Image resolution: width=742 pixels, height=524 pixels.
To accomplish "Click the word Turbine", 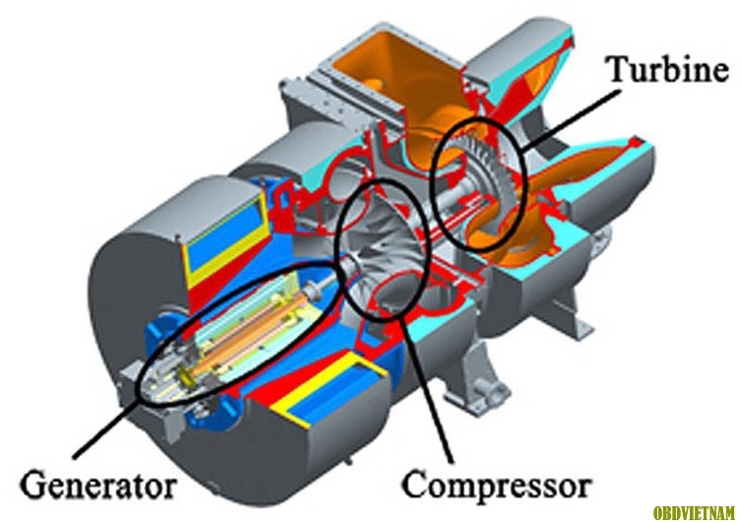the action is pos(668,70).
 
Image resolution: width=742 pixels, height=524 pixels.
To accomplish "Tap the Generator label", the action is pos(99,485).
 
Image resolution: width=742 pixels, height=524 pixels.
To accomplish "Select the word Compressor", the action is pos(497,485).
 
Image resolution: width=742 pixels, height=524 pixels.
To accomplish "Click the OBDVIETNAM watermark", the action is pos(694,512).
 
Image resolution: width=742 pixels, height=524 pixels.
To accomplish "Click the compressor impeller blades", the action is pos(378,246).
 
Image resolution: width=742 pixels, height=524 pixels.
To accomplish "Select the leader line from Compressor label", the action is pos(427,389).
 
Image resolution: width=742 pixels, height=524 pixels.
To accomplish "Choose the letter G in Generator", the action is pos(33,484).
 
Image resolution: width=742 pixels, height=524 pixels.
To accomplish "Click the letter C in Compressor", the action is pos(415,484).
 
